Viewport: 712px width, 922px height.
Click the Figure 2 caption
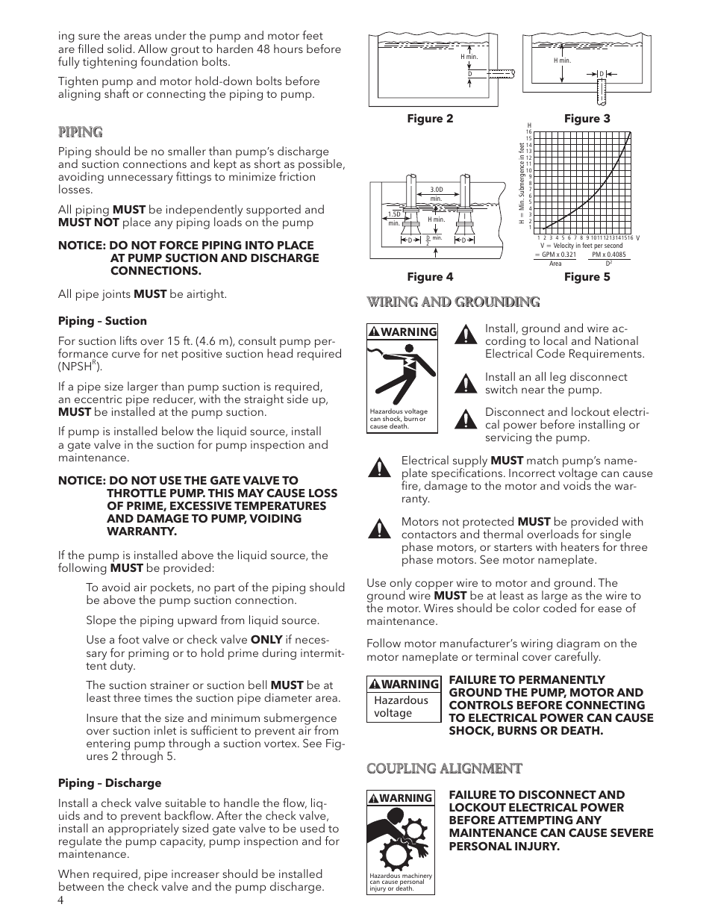pyautogui.click(x=429, y=119)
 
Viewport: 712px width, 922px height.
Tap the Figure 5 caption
pyautogui.click(x=587, y=277)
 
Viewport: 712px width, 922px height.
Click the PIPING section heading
pyautogui.click(x=80, y=132)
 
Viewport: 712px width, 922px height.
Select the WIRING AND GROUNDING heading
pyautogui.click(x=452, y=302)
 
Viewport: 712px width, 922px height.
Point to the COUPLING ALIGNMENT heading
pyautogui.click(x=444, y=768)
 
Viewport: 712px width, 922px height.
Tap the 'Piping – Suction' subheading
pyautogui.click(x=102, y=321)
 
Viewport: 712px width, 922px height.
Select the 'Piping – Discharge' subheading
pyautogui.click(x=110, y=783)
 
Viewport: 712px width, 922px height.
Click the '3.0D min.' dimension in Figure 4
pyautogui.click(x=437, y=193)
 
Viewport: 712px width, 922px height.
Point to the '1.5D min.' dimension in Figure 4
pyautogui.click(x=394, y=218)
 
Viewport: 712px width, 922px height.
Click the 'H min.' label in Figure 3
pyautogui.click(x=562, y=60)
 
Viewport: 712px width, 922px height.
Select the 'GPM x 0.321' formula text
pyautogui.click(x=555, y=255)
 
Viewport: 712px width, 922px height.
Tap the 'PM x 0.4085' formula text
pyautogui.click(x=608, y=255)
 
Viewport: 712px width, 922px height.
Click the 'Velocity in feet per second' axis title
pyautogui.click(x=586, y=246)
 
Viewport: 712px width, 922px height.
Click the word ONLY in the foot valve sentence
pyautogui.click(x=266, y=640)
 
